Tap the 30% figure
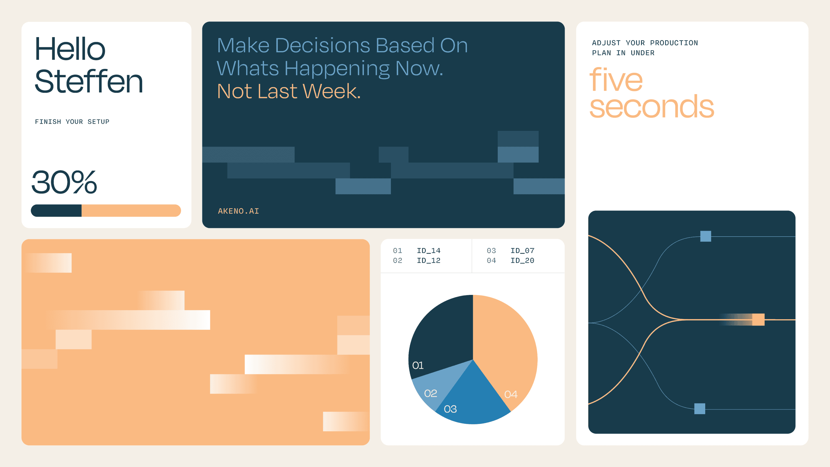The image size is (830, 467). tap(64, 182)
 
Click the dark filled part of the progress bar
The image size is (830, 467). tap(56, 211)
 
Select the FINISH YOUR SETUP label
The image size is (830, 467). tap(72, 122)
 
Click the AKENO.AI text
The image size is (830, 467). tap(238, 211)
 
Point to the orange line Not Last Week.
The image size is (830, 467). tap(289, 91)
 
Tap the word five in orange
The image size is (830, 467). tap(616, 79)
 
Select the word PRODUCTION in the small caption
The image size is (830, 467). tap(674, 43)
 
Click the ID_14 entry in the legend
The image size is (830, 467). tap(429, 250)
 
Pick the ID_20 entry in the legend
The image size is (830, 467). tap(522, 260)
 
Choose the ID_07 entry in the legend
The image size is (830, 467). tap(522, 250)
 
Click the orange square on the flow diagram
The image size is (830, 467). tap(758, 319)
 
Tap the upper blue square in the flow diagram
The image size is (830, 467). tap(705, 236)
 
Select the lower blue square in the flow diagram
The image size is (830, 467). tap(699, 409)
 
